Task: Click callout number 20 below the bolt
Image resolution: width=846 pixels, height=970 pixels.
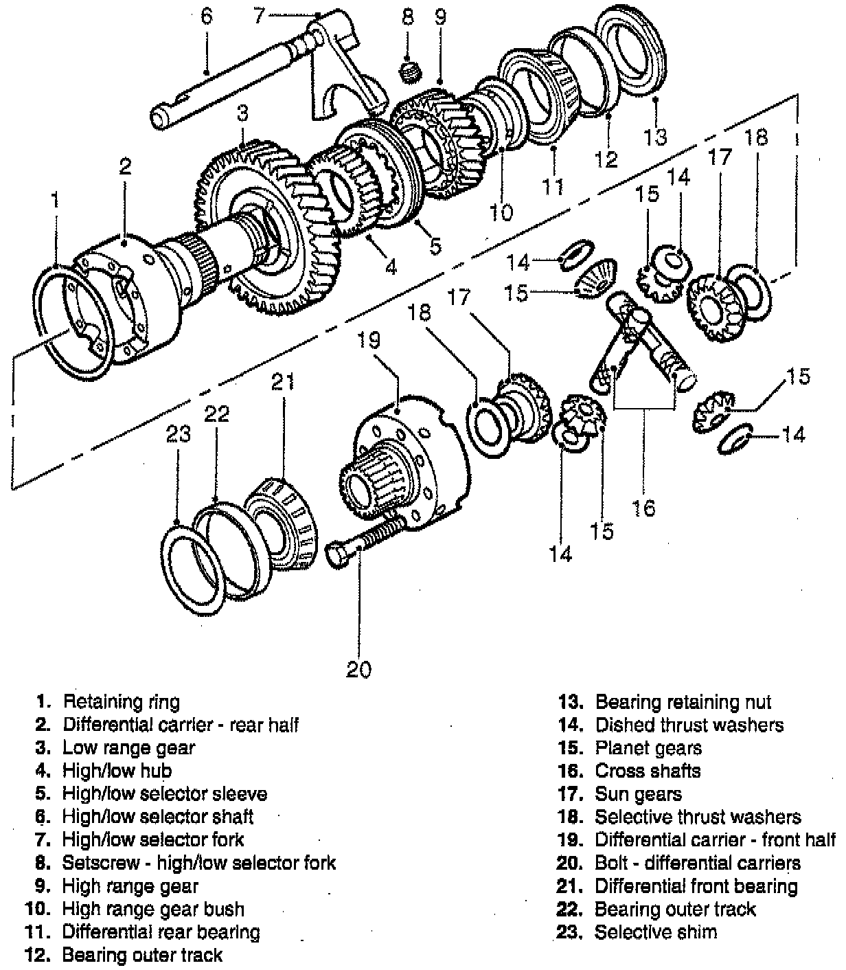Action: click(x=358, y=668)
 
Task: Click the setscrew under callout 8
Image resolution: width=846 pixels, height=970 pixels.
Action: click(x=410, y=69)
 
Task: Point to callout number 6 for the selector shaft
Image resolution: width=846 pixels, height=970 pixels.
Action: click(x=207, y=16)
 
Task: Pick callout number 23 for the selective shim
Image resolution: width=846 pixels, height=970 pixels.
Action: click(x=176, y=434)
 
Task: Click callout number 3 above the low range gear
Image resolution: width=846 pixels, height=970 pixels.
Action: click(x=242, y=113)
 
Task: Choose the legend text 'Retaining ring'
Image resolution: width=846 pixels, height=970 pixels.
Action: click(x=121, y=701)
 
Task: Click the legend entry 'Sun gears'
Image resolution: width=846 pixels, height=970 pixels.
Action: click(x=638, y=794)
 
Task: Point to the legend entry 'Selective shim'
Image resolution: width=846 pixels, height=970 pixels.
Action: click(x=655, y=932)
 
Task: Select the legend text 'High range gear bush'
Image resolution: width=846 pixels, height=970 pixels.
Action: click(x=153, y=909)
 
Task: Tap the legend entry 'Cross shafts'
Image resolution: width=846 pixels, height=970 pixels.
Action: click(x=648, y=771)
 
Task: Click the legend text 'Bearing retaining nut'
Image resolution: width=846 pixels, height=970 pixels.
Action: click(x=683, y=702)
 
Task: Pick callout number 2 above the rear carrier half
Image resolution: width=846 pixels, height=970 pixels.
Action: click(x=124, y=166)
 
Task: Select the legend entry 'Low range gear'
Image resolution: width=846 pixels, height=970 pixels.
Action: click(x=128, y=747)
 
